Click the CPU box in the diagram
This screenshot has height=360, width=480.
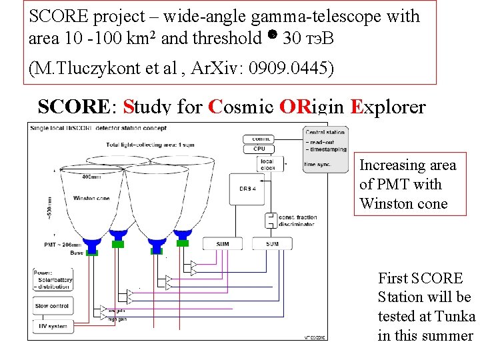pos(259,149)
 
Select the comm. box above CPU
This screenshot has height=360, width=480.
pos(259,139)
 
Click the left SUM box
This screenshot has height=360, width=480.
pos(222,244)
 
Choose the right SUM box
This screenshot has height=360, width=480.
pos(272,244)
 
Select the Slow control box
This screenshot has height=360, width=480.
pos(51,306)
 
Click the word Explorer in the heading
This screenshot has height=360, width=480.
pos(387,107)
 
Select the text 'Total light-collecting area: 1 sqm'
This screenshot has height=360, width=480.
pos(145,145)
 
